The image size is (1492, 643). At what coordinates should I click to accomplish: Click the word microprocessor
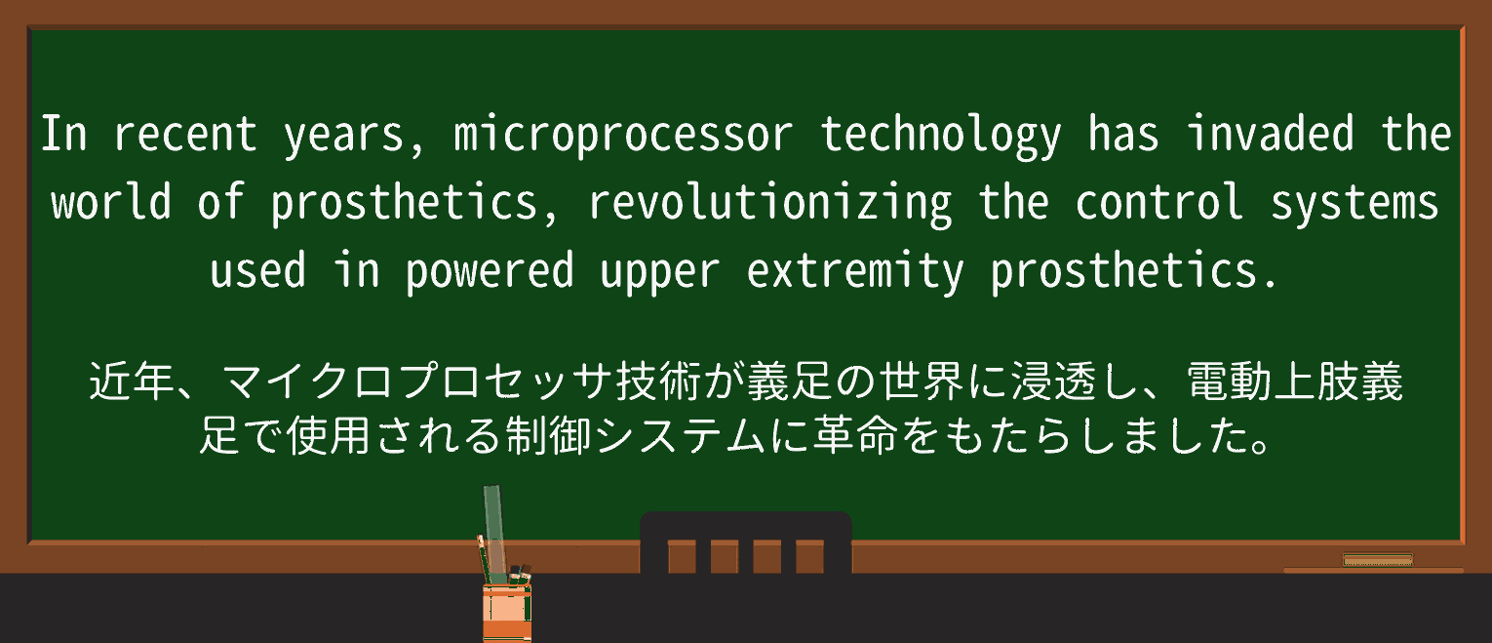pyautogui.click(x=624, y=135)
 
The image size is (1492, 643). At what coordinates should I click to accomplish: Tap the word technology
pyautogui.click(x=940, y=135)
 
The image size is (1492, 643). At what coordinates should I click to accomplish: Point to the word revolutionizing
pyautogui.click(x=770, y=203)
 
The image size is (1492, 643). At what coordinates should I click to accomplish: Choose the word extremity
pyautogui.click(x=855, y=271)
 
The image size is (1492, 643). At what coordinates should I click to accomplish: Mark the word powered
pyautogui.click(x=491, y=271)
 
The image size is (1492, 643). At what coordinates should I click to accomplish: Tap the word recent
pyautogui.click(x=185, y=135)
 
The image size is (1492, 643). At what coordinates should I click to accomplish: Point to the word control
pyautogui.click(x=1159, y=202)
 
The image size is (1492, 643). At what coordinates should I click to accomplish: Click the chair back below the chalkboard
pyautogui.click(x=745, y=543)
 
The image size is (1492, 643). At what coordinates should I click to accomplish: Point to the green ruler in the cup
pyautogui.click(x=493, y=527)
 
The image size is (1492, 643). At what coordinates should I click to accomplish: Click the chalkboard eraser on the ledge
pyautogui.click(x=1377, y=559)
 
